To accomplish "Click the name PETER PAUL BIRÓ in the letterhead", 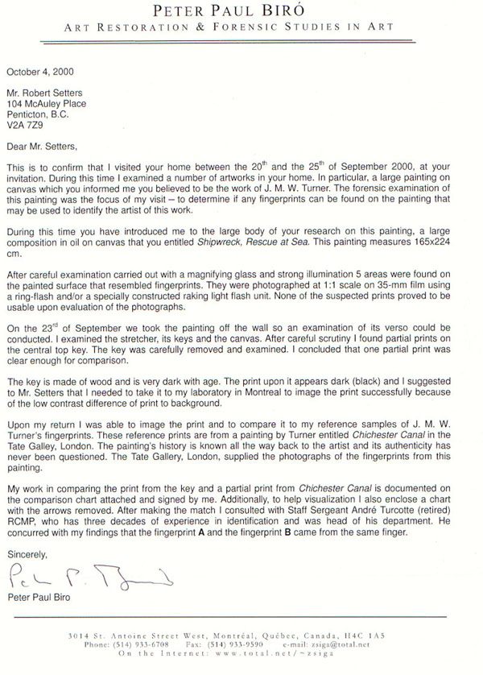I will click(x=242, y=10).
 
